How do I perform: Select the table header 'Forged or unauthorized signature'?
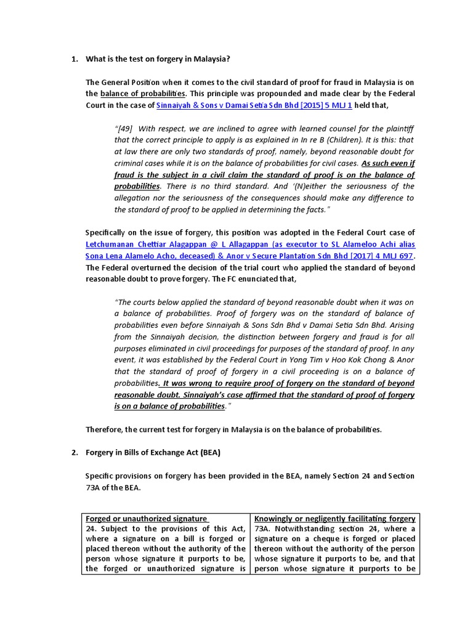tap(147, 519)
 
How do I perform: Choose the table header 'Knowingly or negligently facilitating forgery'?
tap(335, 519)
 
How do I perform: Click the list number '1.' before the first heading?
tap(75, 59)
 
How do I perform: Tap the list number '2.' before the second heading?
tap(75, 453)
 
